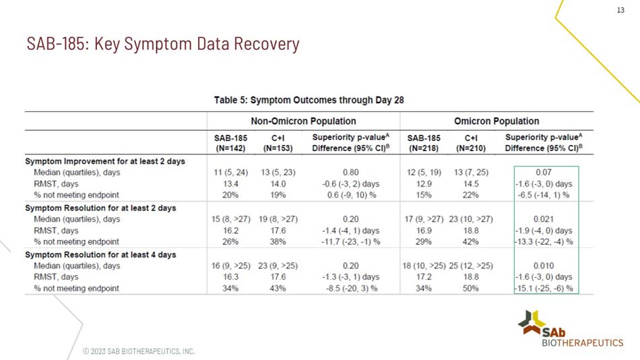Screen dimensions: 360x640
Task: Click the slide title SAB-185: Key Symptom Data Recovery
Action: [163, 44]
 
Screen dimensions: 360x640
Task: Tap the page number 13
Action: [620, 9]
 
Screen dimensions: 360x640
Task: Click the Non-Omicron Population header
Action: [303, 121]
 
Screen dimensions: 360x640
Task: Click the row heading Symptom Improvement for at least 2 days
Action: [105, 161]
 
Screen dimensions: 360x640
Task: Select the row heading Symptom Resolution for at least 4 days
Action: [100, 255]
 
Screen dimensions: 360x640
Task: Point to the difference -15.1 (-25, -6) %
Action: [544, 289]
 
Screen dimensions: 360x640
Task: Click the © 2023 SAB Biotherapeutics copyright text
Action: [138, 351]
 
